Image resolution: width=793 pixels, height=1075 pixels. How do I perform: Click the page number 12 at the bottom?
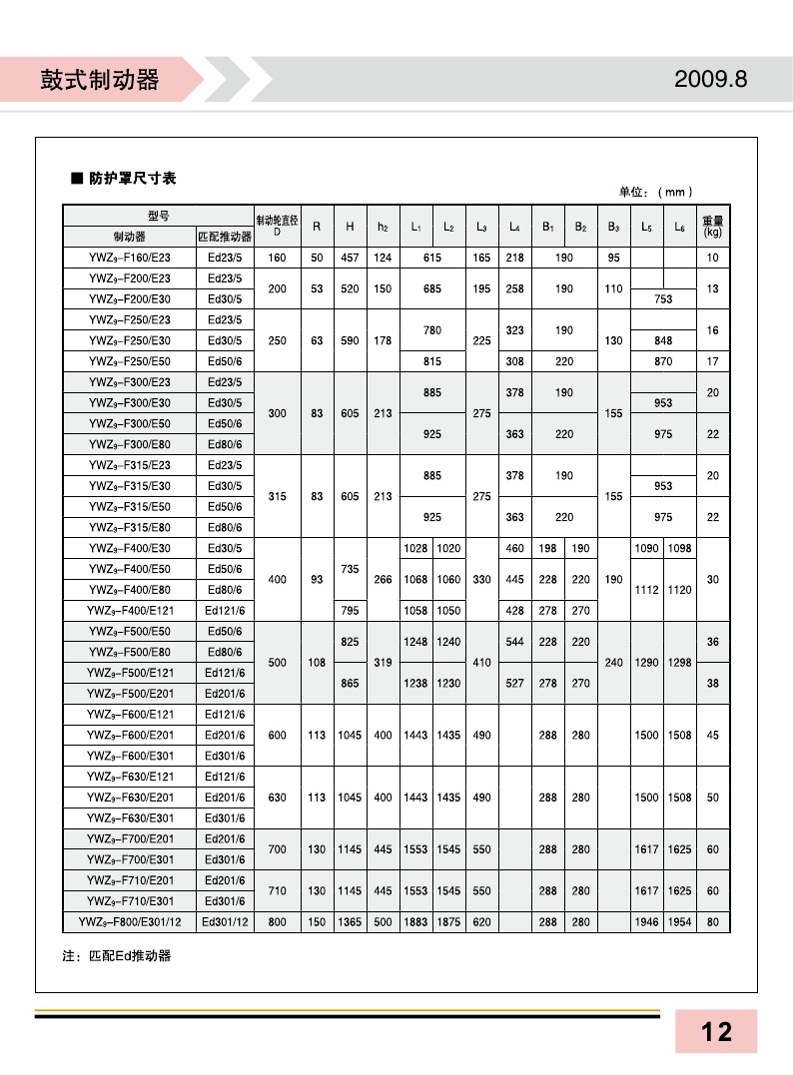point(716,1031)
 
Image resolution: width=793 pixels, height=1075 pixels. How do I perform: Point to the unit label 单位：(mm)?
point(656,192)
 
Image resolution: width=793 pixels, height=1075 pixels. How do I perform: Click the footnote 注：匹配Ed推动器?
point(117,955)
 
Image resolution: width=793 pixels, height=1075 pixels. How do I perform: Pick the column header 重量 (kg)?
point(712,227)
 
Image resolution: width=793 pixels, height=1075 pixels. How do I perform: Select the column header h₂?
point(383,227)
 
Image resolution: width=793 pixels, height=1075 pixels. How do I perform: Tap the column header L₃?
point(481,227)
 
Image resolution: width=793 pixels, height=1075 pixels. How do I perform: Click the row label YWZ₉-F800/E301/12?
point(129,922)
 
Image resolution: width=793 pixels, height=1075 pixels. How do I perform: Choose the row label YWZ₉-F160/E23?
point(129,258)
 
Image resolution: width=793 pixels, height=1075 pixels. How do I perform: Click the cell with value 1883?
point(415,922)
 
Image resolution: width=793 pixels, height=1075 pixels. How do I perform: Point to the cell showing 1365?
point(350,922)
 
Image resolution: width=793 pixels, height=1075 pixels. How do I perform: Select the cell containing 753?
point(662,298)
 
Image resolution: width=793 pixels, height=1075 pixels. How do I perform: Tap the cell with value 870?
point(662,360)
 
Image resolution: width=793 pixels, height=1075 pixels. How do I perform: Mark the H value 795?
point(350,610)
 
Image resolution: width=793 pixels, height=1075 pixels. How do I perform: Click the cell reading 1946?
point(646,922)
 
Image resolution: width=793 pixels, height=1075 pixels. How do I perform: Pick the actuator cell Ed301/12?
point(225,922)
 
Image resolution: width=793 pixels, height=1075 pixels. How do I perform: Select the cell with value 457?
point(350,258)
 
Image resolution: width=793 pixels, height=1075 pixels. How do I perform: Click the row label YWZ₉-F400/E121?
point(129,610)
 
